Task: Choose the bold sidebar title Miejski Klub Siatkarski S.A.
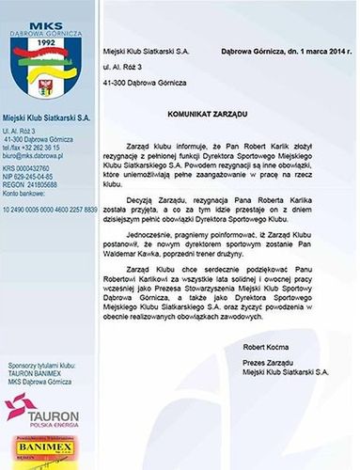tap(49, 115)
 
